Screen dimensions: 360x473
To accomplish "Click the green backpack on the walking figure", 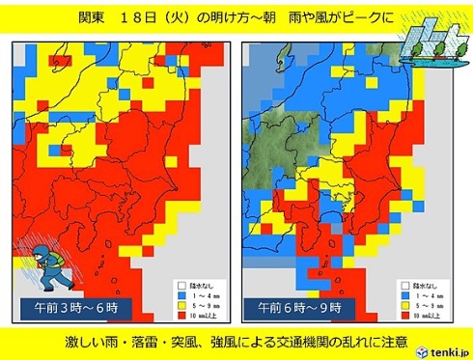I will click(x=57, y=258).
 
